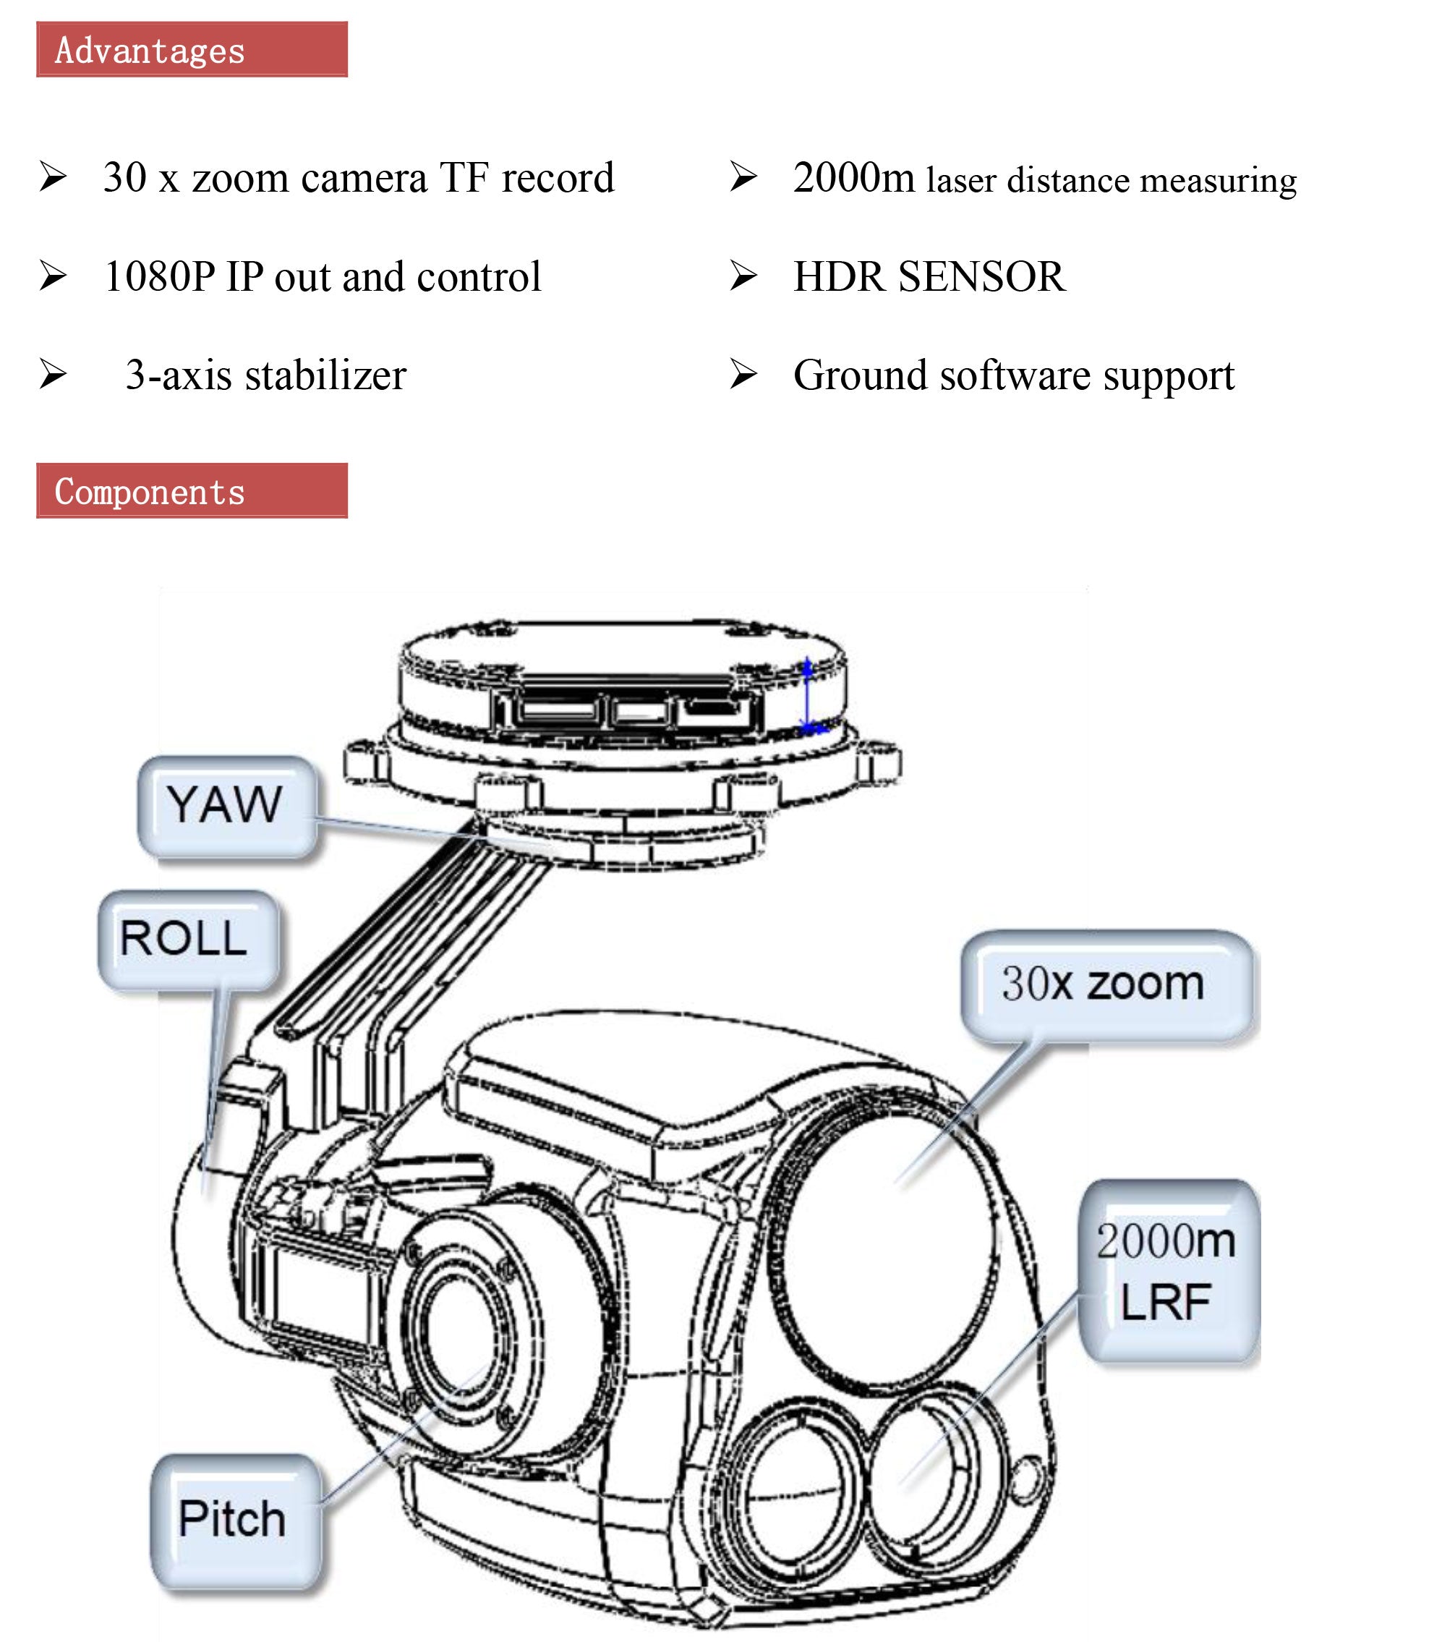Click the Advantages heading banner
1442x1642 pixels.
point(191,50)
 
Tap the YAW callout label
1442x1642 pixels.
point(226,804)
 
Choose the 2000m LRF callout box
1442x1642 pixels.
point(1167,1271)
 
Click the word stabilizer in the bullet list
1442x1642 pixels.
point(325,375)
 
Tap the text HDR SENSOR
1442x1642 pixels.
point(929,276)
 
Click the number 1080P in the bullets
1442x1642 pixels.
point(160,276)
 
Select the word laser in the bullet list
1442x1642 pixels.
point(961,180)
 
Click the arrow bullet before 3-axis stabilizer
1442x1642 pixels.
point(53,375)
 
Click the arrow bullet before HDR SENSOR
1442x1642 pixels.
point(743,276)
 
